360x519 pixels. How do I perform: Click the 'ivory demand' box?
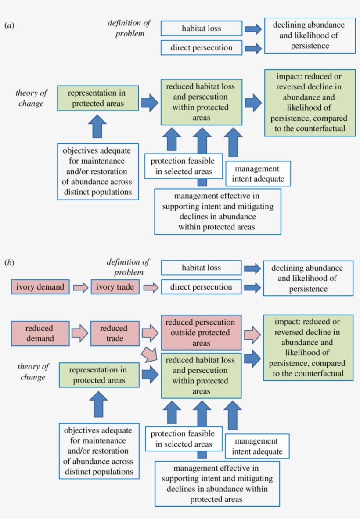(x=40, y=287)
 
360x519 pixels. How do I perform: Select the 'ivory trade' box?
(x=115, y=287)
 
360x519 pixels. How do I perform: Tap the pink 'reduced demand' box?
(x=40, y=333)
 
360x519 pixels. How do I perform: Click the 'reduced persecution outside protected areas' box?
(x=201, y=333)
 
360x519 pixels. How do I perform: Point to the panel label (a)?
(x=9, y=25)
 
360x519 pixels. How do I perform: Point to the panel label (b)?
(x=9, y=263)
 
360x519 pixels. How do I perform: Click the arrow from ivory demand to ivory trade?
(x=80, y=288)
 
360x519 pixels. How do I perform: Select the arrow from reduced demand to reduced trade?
(x=80, y=333)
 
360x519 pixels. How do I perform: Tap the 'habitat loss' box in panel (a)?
(x=201, y=29)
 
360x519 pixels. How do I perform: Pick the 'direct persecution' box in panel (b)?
(x=201, y=287)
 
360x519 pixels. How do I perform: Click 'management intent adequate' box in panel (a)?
(x=258, y=174)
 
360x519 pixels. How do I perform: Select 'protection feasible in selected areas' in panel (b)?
(x=183, y=439)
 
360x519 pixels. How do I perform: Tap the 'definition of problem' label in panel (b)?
(x=128, y=267)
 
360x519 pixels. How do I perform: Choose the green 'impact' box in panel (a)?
(x=309, y=102)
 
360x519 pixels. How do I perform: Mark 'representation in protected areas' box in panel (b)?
(x=99, y=375)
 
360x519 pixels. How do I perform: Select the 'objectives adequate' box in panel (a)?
(x=97, y=171)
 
